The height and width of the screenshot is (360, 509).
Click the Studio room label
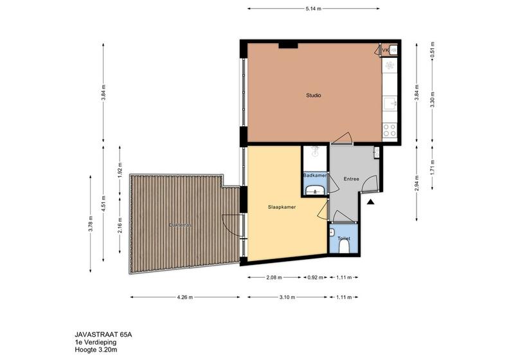click(314, 95)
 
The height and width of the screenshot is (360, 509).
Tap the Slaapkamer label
click(281, 207)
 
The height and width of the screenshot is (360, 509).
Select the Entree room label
click(352, 179)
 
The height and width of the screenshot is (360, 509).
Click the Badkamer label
click(315, 175)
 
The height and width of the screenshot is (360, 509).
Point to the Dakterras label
click(180, 224)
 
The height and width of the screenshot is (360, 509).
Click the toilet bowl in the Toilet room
click(344, 248)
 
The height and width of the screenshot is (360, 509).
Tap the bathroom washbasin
click(315, 190)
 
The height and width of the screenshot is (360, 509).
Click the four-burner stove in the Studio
click(389, 130)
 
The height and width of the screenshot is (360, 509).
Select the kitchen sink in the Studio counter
click(389, 104)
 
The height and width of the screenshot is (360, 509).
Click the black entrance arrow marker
click(370, 203)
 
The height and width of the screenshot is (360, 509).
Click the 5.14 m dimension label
click(313, 9)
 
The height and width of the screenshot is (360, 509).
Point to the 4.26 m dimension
click(185, 297)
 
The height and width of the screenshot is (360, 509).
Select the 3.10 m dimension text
click(287, 297)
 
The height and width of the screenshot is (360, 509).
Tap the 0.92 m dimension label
click(315, 278)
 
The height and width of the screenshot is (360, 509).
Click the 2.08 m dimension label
click(274, 278)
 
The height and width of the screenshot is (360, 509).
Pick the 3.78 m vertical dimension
click(91, 224)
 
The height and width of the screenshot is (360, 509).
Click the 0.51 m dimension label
click(433, 50)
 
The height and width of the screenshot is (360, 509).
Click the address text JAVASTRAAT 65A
click(103, 335)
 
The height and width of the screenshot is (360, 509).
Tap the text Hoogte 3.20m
click(96, 350)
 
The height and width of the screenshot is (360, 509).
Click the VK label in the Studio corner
click(386, 50)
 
